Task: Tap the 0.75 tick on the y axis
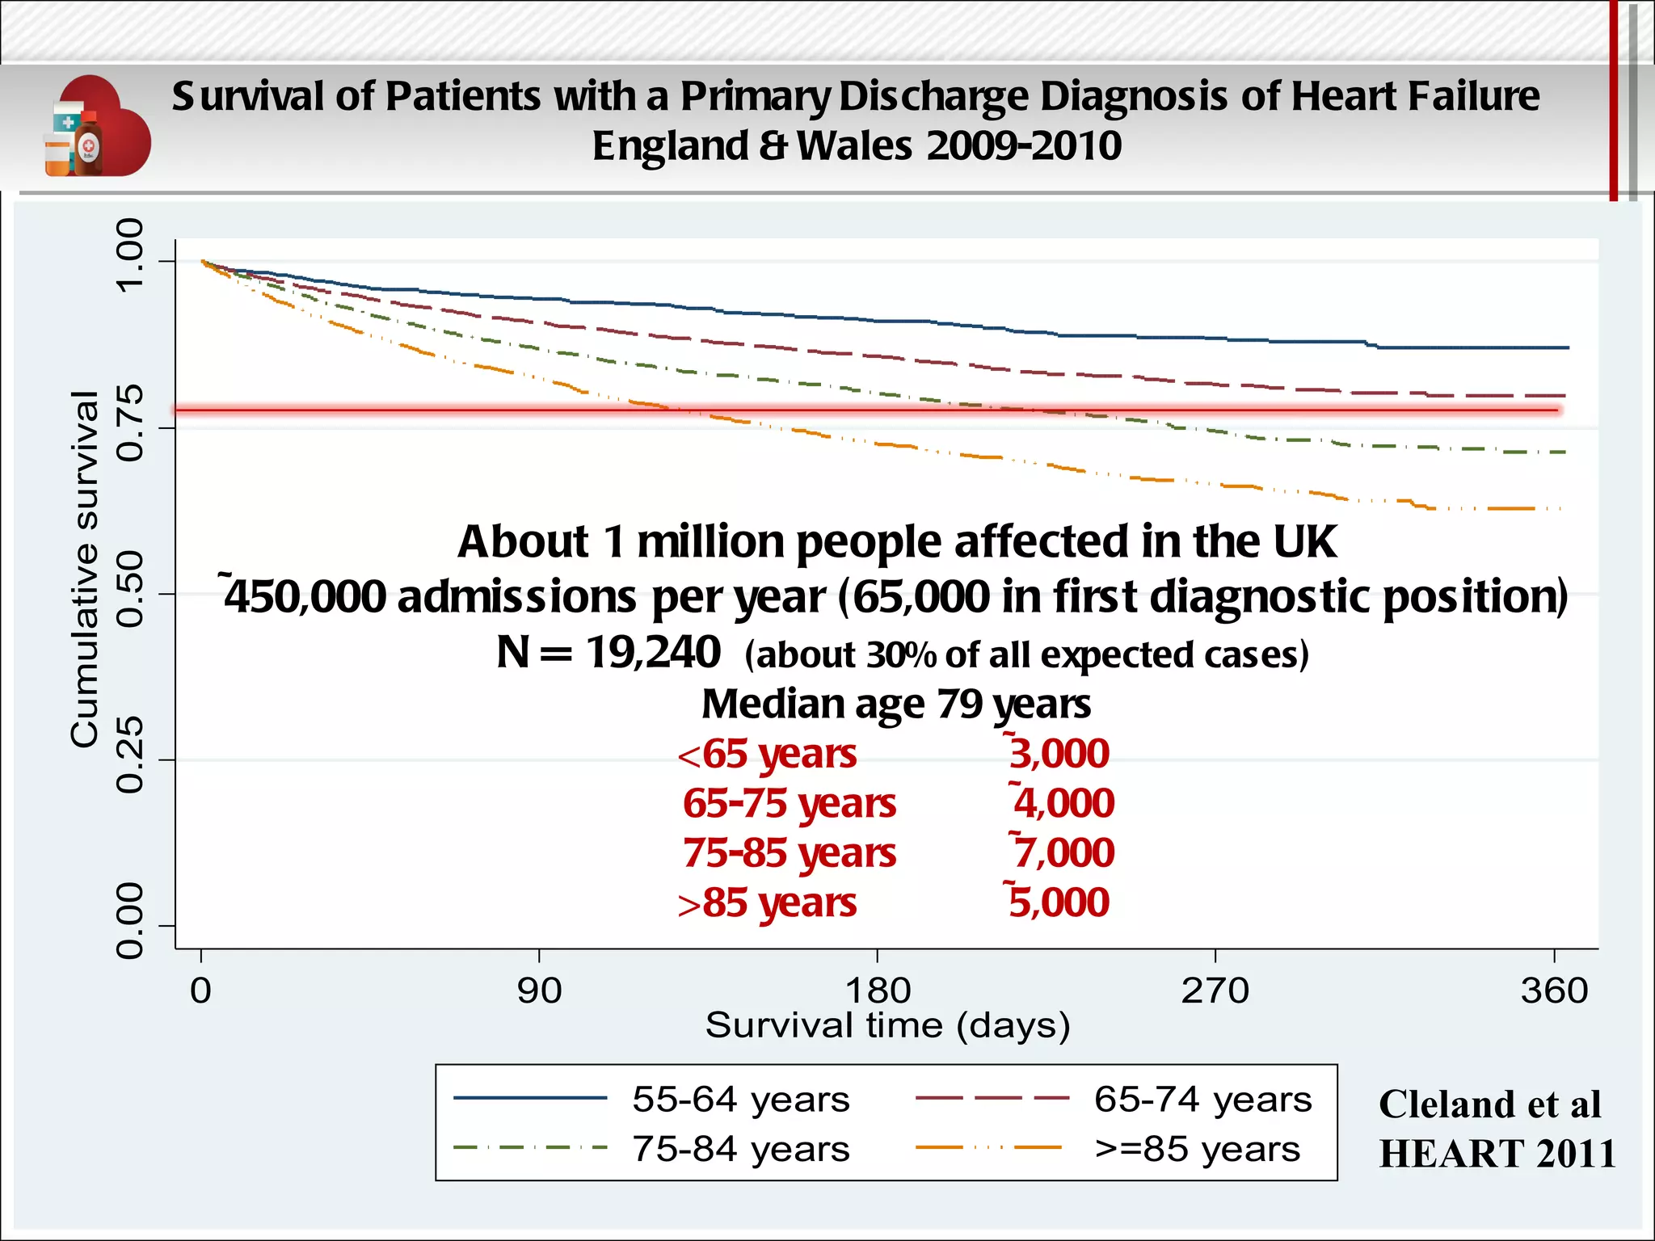[129, 423]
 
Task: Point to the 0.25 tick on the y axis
[129, 755]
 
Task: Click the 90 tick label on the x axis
[539, 991]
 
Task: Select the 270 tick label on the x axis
[1215, 991]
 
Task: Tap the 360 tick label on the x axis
[1554, 991]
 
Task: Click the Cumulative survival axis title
[84, 569]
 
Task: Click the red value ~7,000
[1063, 853]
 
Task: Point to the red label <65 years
[768, 755]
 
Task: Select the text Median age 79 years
[895, 704]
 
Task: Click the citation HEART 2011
[1497, 1154]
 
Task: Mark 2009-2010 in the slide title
[1024, 146]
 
